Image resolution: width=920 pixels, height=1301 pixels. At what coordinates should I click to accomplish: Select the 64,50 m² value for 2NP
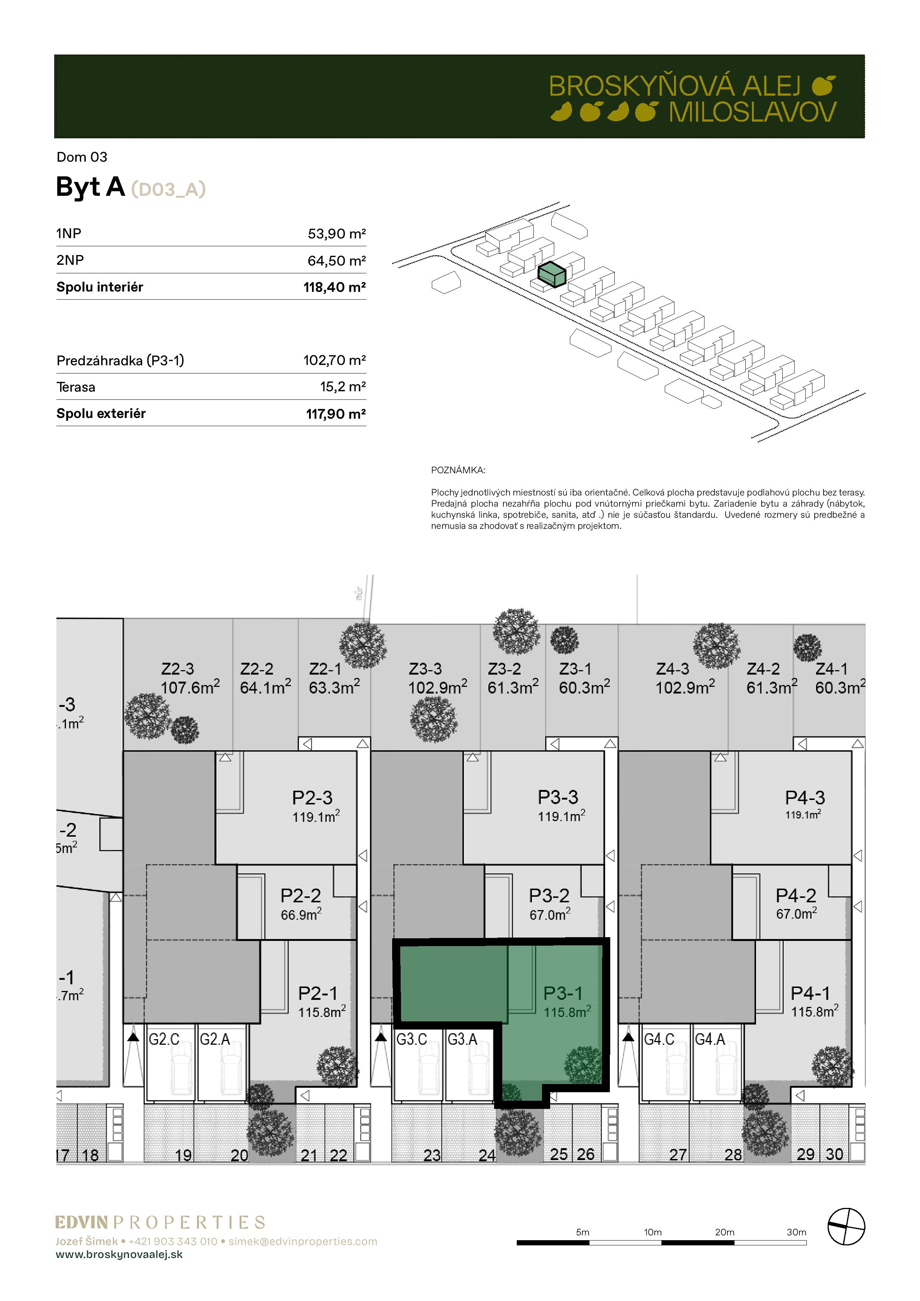337,261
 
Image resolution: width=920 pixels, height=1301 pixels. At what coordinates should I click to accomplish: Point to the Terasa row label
76,387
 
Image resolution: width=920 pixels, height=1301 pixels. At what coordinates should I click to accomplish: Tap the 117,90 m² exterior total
336,414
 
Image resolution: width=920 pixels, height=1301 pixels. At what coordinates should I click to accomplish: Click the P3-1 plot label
563,993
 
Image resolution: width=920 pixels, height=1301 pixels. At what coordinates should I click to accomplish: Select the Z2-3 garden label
177,669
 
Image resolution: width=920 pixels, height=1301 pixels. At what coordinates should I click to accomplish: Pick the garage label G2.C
164,1039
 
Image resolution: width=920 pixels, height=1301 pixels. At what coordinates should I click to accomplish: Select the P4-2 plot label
796,895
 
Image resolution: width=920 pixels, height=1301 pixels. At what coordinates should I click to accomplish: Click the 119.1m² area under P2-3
316,817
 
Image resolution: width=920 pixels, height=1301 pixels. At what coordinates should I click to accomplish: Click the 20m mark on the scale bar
724,1232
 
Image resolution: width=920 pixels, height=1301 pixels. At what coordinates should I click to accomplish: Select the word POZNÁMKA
458,470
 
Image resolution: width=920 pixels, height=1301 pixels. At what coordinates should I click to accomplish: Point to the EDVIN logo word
82,1223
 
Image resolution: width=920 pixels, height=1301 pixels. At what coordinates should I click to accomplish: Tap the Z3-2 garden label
505,669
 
